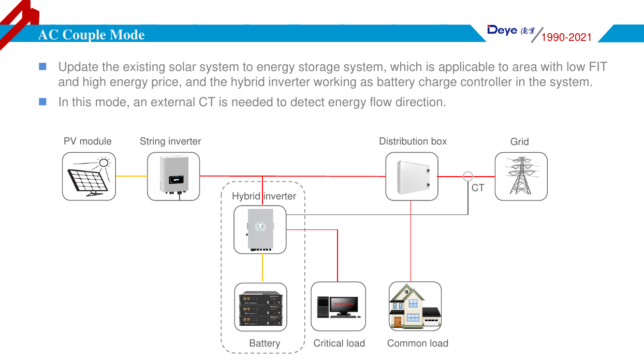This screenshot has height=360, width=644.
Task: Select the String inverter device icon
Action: pyautogui.click(x=173, y=176)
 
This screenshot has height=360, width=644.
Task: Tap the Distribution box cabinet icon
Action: pyautogui.click(x=412, y=176)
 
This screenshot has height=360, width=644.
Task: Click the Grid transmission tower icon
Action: pyautogui.click(x=521, y=176)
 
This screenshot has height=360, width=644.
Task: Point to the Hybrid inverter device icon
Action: pyautogui.click(x=260, y=229)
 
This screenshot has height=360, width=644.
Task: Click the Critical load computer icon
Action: pyautogui.click(x=338, y=306)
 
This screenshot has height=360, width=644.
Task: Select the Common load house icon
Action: pyautogui.click(x=415, y=306)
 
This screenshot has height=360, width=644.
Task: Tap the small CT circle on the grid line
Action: pyautogui.click(x=467, y=176)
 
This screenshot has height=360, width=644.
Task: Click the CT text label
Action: pyautogui.click(x=478, y=188)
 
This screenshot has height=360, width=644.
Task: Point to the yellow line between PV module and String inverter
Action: pyautogui.click(x=131, y=176)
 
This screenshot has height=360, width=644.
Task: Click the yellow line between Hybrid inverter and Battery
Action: pyautogui.click(x=262, y=268)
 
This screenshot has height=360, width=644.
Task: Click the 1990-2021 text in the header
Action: pyautogui.click(x=566, y=37)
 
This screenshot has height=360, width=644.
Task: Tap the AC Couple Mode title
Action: pyautogui.click(x=92, y=35)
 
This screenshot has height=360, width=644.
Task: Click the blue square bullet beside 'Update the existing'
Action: pyautogui.click(x=42, y=66)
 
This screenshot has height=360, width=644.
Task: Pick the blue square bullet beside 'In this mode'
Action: pyautogui.click(x=42, y=101)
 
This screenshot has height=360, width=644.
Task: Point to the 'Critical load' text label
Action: pyautogui.click(x=339, y=343)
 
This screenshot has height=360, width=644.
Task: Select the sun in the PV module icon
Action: pyautogui.click(x=104, y=163)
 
